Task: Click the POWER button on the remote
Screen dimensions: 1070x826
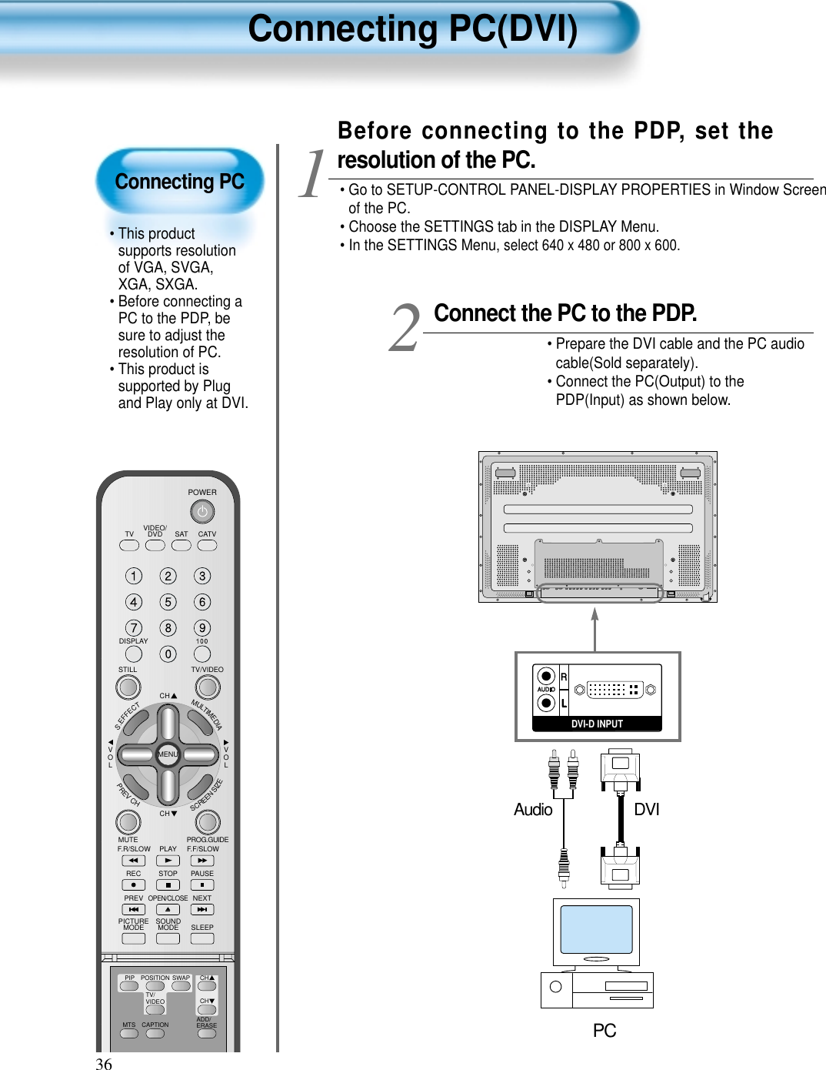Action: pos(202,511)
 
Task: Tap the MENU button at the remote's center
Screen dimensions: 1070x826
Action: pos(168,754)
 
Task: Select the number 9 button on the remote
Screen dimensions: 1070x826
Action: pos(202,628)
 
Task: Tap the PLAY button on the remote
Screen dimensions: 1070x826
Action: pos(168,861)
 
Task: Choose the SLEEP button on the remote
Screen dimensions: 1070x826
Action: pos(202,938)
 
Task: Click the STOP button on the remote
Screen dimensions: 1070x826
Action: pos(168,885)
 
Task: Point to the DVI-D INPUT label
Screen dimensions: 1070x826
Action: pos(597,724)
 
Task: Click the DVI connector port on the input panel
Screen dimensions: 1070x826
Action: pos(615,690)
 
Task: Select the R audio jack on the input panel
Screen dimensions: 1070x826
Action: pos(546,676)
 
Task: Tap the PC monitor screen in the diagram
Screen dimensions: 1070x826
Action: pos(596,929)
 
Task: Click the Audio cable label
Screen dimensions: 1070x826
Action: pos(533,809)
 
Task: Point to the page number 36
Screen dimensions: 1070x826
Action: pos(104,1064)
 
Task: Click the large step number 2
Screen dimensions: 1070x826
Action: pos(405,329)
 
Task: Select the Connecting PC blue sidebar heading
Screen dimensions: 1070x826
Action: pos(179,182)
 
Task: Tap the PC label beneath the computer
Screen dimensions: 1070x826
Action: pos(605,1031)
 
